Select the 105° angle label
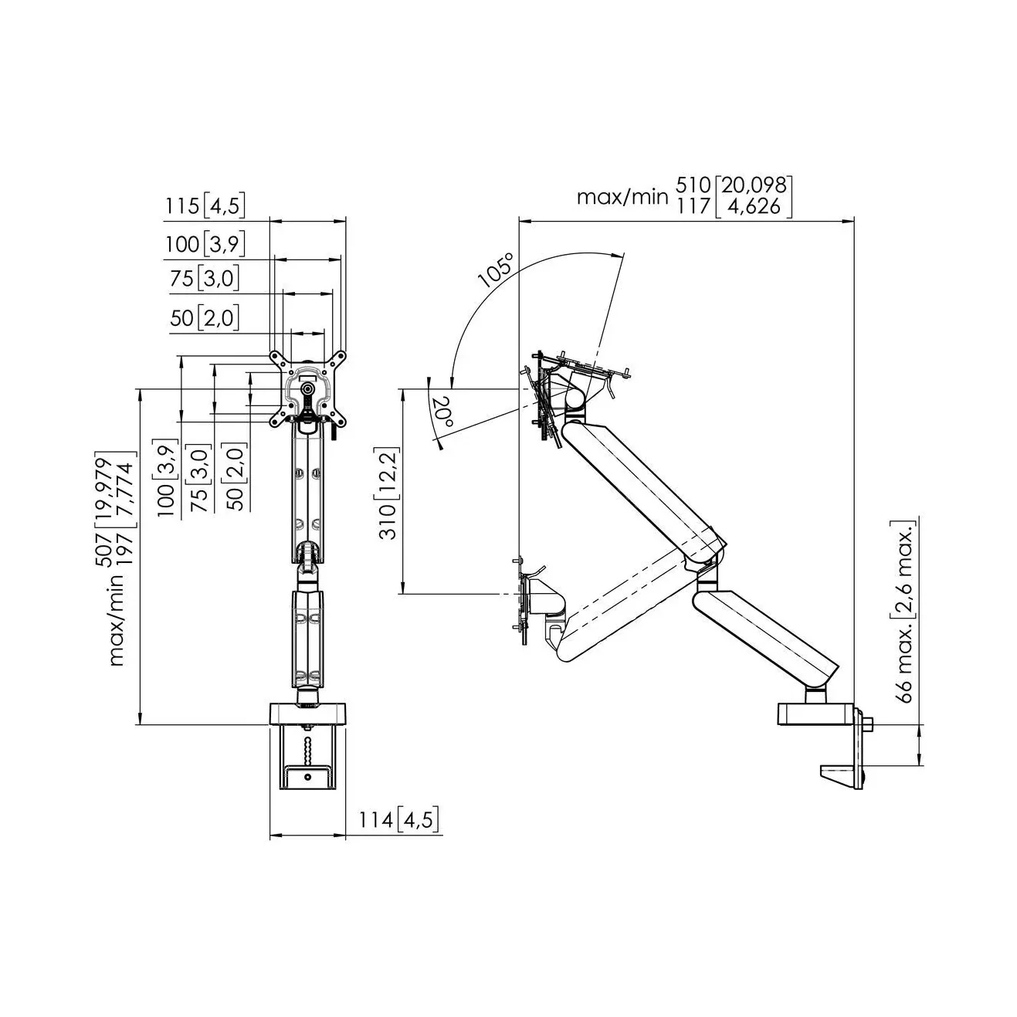click(496, 270)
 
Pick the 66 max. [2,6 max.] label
click(903, 612)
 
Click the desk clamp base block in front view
click(307, 714)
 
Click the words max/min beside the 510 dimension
click(622, 197)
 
